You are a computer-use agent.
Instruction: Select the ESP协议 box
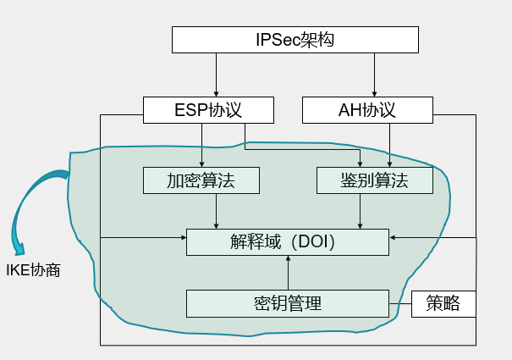point(209,110)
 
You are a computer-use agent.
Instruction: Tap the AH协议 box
point(367,110)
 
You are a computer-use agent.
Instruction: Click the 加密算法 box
point(201,180)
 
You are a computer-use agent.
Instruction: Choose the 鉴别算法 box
point(374,180)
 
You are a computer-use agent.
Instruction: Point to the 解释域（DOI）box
point(288,241)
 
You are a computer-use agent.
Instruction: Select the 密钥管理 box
point(288,303)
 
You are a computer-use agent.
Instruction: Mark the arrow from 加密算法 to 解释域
point(217,211)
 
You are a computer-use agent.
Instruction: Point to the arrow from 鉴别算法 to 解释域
point(361,211)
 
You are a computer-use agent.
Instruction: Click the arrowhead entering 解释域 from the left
point(181,239)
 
